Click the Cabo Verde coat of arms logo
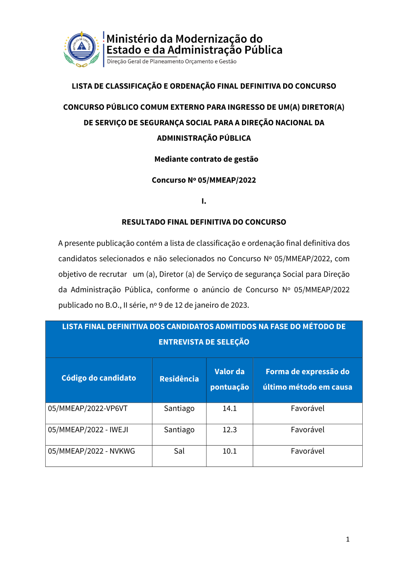[x=82, y=49]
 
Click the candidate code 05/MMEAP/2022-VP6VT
[x=88, y=408]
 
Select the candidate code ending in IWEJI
[x=88, y=430]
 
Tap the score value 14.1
[x=229, y=408]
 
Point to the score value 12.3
[x=229, y=430]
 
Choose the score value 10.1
[x=229, y=451]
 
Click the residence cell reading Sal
[x=179, y=451]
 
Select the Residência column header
[x=179, y=379]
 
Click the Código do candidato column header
[x=99, y=378]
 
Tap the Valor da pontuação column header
[x=229, y=379]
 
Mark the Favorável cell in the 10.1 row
[x=308, y=451]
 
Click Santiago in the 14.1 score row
[x=179, y=408]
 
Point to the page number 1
[x=348, y=539]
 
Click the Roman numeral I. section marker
[x=204, y=201]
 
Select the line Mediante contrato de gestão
[x=206, y=159]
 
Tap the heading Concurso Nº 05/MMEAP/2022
[x=204, y=180]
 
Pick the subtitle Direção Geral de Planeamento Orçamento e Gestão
[x=172, y=62]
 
